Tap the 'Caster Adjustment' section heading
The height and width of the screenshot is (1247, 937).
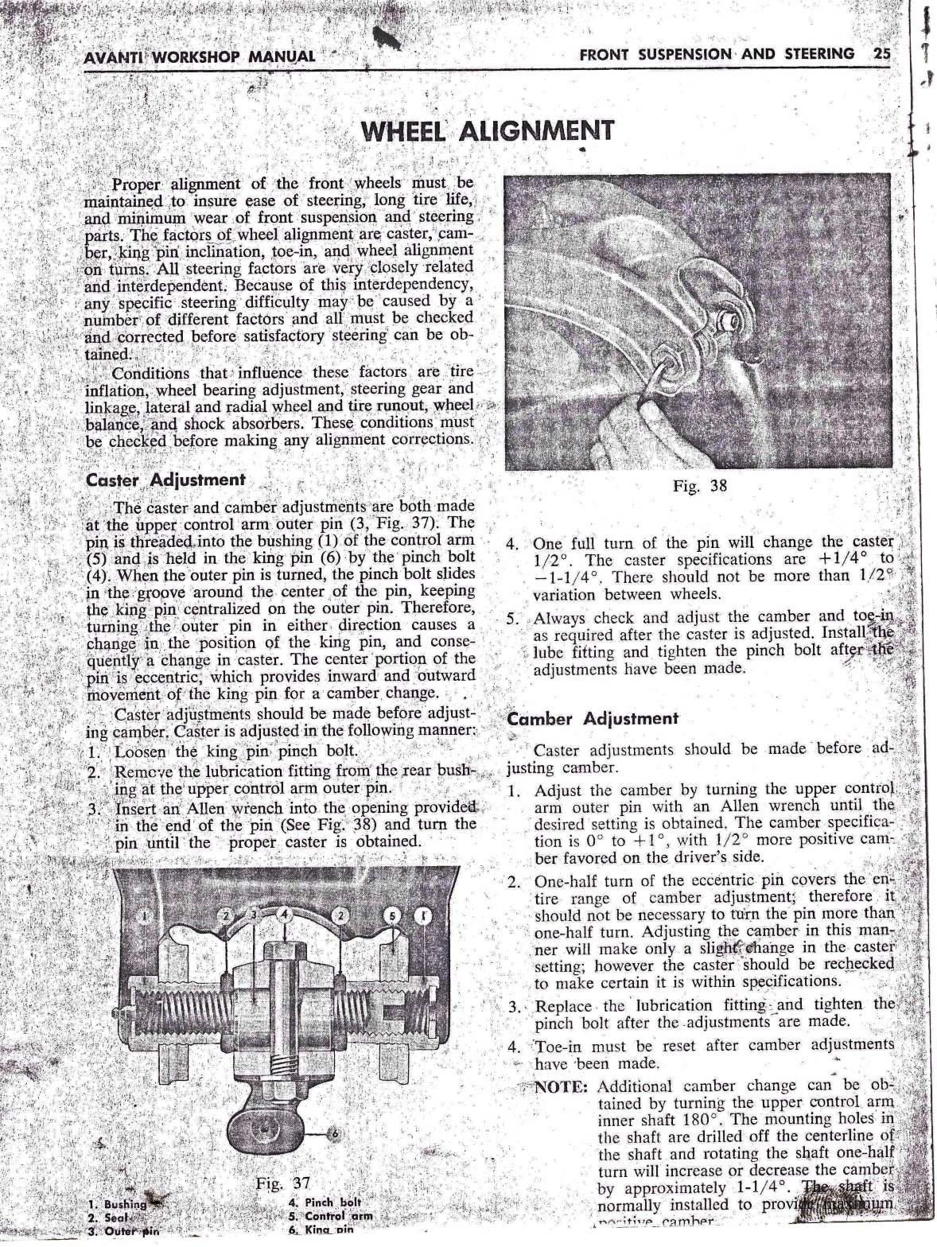[165, 480]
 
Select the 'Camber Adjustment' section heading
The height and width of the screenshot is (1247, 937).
[593, 719]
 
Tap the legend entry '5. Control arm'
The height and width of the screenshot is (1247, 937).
[331, 1217]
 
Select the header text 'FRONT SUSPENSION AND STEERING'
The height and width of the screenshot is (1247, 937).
[717, 54]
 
